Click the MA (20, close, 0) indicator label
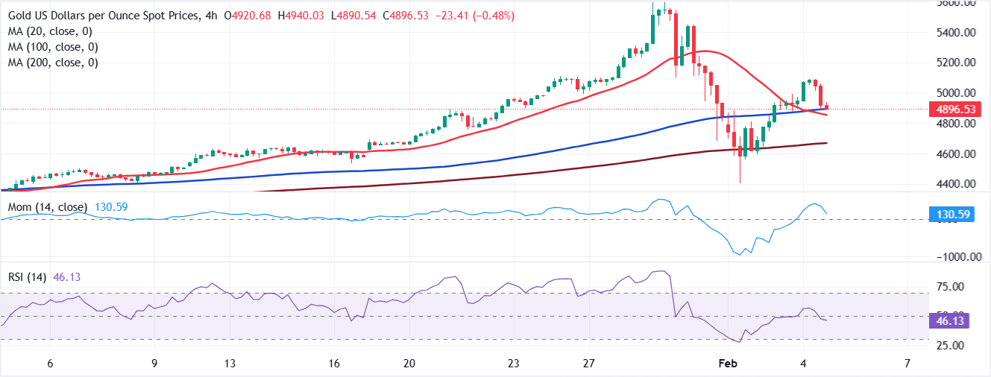(49, 31)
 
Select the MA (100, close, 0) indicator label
(52, 47)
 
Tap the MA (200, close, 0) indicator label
(52, 63)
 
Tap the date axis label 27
(588, 364)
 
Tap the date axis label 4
(803, 364)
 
